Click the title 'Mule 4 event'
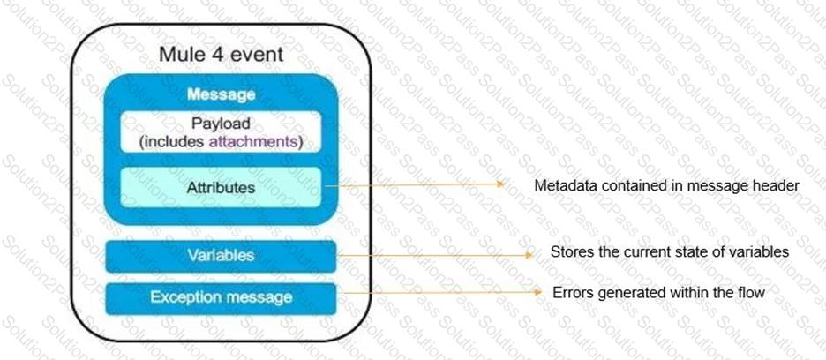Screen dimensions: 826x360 click(221, 54)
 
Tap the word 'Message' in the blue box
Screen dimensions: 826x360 click(222, 95)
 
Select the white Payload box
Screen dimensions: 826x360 click(221, 131)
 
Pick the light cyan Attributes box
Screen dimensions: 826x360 click(221, 187)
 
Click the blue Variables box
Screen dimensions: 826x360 click(221, 256)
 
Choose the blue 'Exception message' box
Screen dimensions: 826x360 click(221, 299)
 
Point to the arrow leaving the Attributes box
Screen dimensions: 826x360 click(415, 185)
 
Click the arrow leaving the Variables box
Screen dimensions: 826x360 click(434, 255)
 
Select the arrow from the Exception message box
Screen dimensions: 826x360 click(439, 291)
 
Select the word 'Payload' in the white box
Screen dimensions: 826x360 click(221, 124)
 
